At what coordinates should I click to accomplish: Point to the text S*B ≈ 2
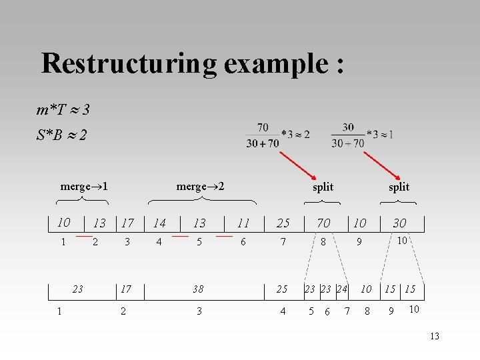point(61,135)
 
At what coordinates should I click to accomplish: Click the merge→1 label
point(85,186)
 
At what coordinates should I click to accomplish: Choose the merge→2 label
point(200,186)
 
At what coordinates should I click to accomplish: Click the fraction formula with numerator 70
point(277,135)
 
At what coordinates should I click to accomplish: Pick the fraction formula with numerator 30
point(362,135)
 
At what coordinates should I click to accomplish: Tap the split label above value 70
point(323,187)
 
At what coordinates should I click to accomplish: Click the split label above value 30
point(399,187)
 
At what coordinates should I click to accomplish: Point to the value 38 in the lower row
point(198,289)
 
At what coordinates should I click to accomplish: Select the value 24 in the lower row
point(342,289)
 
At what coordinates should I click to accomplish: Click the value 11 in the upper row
point(243,223)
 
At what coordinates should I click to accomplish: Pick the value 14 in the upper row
point(159,223)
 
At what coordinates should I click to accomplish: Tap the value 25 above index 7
point(283,223)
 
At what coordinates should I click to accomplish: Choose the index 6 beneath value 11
point(243,242)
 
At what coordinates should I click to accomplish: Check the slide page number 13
point(435,336)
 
